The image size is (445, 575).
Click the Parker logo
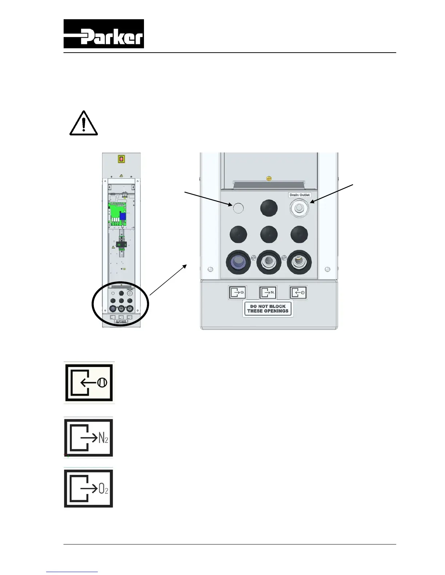[104, 34]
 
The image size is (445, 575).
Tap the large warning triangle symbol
[84, 124]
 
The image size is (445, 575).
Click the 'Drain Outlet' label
[300, 195]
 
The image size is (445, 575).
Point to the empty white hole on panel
[238, 208]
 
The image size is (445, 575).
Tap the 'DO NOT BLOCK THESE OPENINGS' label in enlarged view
[268, 309]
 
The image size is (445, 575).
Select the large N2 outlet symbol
[89, 438]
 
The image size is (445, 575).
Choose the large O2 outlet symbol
[89, 488]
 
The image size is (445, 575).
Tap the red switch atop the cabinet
[121, 159]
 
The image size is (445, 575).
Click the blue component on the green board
[123, 216]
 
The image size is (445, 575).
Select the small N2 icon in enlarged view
[268, 292]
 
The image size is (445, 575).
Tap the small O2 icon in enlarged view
[237, 292]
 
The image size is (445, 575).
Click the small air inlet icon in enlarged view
[298, 293]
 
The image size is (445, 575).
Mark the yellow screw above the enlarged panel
[269, 179]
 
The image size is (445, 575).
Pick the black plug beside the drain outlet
[269, 208]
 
